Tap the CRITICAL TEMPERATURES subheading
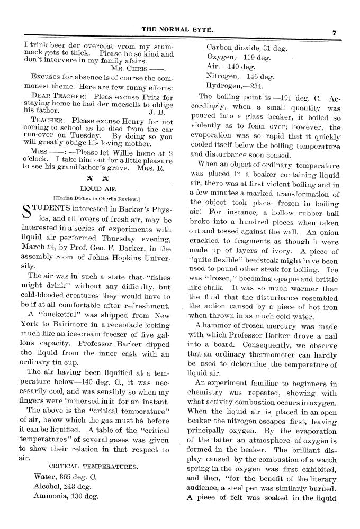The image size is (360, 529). coord(93,467)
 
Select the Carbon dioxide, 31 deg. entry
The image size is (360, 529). coord(246,48)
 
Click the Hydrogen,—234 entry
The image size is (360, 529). coord(233,86)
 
